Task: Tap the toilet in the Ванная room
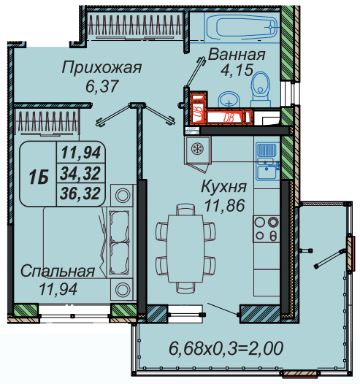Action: click(x=261, y=89)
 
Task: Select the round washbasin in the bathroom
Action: click(x=229, y=100)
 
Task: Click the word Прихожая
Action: click(x=102, y=68)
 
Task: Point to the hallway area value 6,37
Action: click(x=102, y=86)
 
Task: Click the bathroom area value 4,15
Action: click(x=237, y=69)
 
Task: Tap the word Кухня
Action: click(x=224, y=187)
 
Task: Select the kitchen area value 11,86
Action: click(x=224, y=205)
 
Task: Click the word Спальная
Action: click(x=58, y=272)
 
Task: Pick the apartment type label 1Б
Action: click(x=38, y=177)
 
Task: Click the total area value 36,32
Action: click(x=80, y=193)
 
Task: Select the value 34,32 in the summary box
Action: click(x=80, y=173)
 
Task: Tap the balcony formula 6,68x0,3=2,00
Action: click(x=226, y=348)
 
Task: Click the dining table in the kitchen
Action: click(x=185, y=248)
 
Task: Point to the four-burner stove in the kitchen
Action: click(x=267, y=229)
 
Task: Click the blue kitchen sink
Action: click(x=268, y=161)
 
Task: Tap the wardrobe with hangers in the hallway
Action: click(x=134, y=26)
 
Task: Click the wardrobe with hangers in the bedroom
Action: click(x=47, y=122)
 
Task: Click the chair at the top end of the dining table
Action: click(x=185, y=210)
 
